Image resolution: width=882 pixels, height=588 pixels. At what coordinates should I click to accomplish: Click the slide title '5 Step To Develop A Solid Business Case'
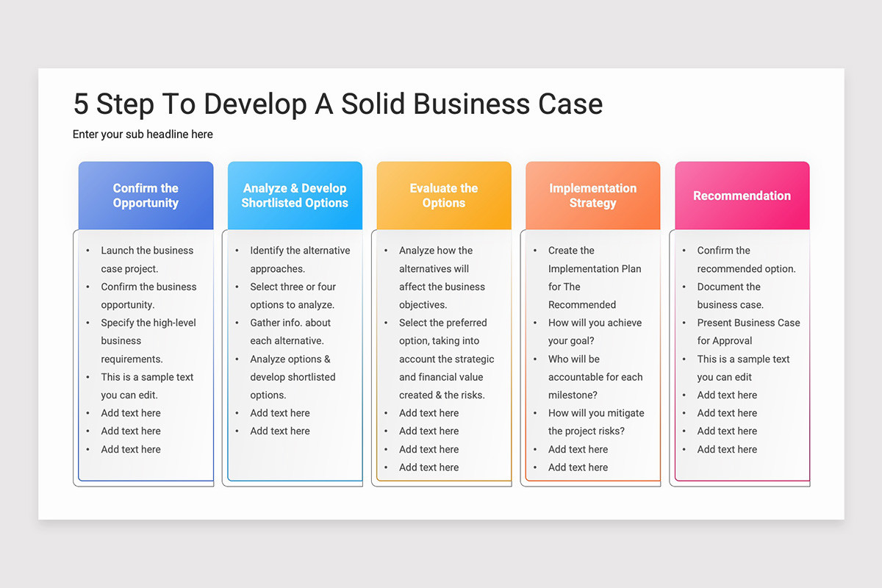(x=337, y=104)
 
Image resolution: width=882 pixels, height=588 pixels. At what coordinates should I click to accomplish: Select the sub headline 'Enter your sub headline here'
(x=143, y=135)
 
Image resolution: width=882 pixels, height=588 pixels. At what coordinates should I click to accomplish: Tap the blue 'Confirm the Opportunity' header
(x=146, y=196)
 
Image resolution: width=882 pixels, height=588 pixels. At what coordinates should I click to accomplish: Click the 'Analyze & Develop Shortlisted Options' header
(x=295, y=196)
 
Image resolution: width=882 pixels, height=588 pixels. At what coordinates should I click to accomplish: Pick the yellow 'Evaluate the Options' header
(x=444, y=196)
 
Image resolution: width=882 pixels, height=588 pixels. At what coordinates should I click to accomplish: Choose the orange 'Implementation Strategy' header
(x=592, y=196)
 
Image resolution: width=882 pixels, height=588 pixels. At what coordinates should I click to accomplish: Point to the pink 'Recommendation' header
(x=742, y=196)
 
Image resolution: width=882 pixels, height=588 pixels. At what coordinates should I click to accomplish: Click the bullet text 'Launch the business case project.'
(x=147, y=259)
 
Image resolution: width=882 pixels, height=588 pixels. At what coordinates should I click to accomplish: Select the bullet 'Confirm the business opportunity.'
(x=148, y=295)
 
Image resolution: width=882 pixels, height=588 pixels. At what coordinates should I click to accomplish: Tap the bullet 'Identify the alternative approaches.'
(x=300, y=259)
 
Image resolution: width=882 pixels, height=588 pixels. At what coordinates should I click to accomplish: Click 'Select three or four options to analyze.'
(x=293, y=295)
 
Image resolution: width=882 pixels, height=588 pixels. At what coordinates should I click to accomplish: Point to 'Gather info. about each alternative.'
(x=290, y=331)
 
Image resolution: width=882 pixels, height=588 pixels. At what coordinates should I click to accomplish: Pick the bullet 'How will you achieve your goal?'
(x=595, y=331)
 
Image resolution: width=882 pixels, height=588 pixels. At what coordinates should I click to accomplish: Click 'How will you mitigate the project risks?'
(x=596, y=422)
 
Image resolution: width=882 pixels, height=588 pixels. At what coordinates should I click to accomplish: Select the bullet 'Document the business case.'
(x=730, y=295)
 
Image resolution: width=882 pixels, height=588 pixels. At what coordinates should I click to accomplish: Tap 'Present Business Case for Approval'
(x=748, y=331)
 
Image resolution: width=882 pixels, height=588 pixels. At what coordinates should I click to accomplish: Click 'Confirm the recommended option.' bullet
(x=746, y=259)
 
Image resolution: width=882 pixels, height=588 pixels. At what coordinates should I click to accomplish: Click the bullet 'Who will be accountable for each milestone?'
(x=595, y=377)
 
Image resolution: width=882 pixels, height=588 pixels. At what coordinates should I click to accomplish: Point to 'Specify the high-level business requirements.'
(x=148, y=340)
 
